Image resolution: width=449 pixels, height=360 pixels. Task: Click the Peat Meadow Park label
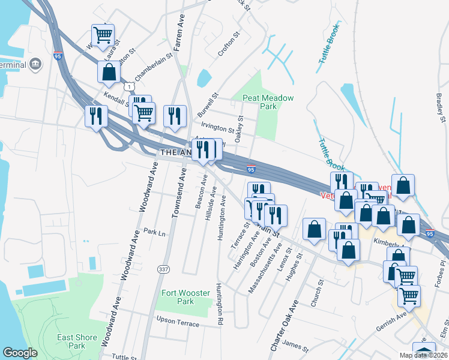tap(259, 102)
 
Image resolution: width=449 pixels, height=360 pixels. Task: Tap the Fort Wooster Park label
tap(185, 298)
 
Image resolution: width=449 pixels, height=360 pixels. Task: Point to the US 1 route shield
tap(129, 87)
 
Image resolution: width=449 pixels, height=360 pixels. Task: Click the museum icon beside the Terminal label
tap(35, 64)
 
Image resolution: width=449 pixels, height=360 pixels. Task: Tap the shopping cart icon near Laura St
tap(103, 34)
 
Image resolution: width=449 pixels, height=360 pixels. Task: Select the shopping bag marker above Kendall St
tap(109, 72)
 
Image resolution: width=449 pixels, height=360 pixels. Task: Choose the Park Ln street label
tap(154, 232)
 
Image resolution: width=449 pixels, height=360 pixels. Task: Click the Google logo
tap(20, 353)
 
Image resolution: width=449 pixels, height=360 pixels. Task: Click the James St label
tap(296, 346)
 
